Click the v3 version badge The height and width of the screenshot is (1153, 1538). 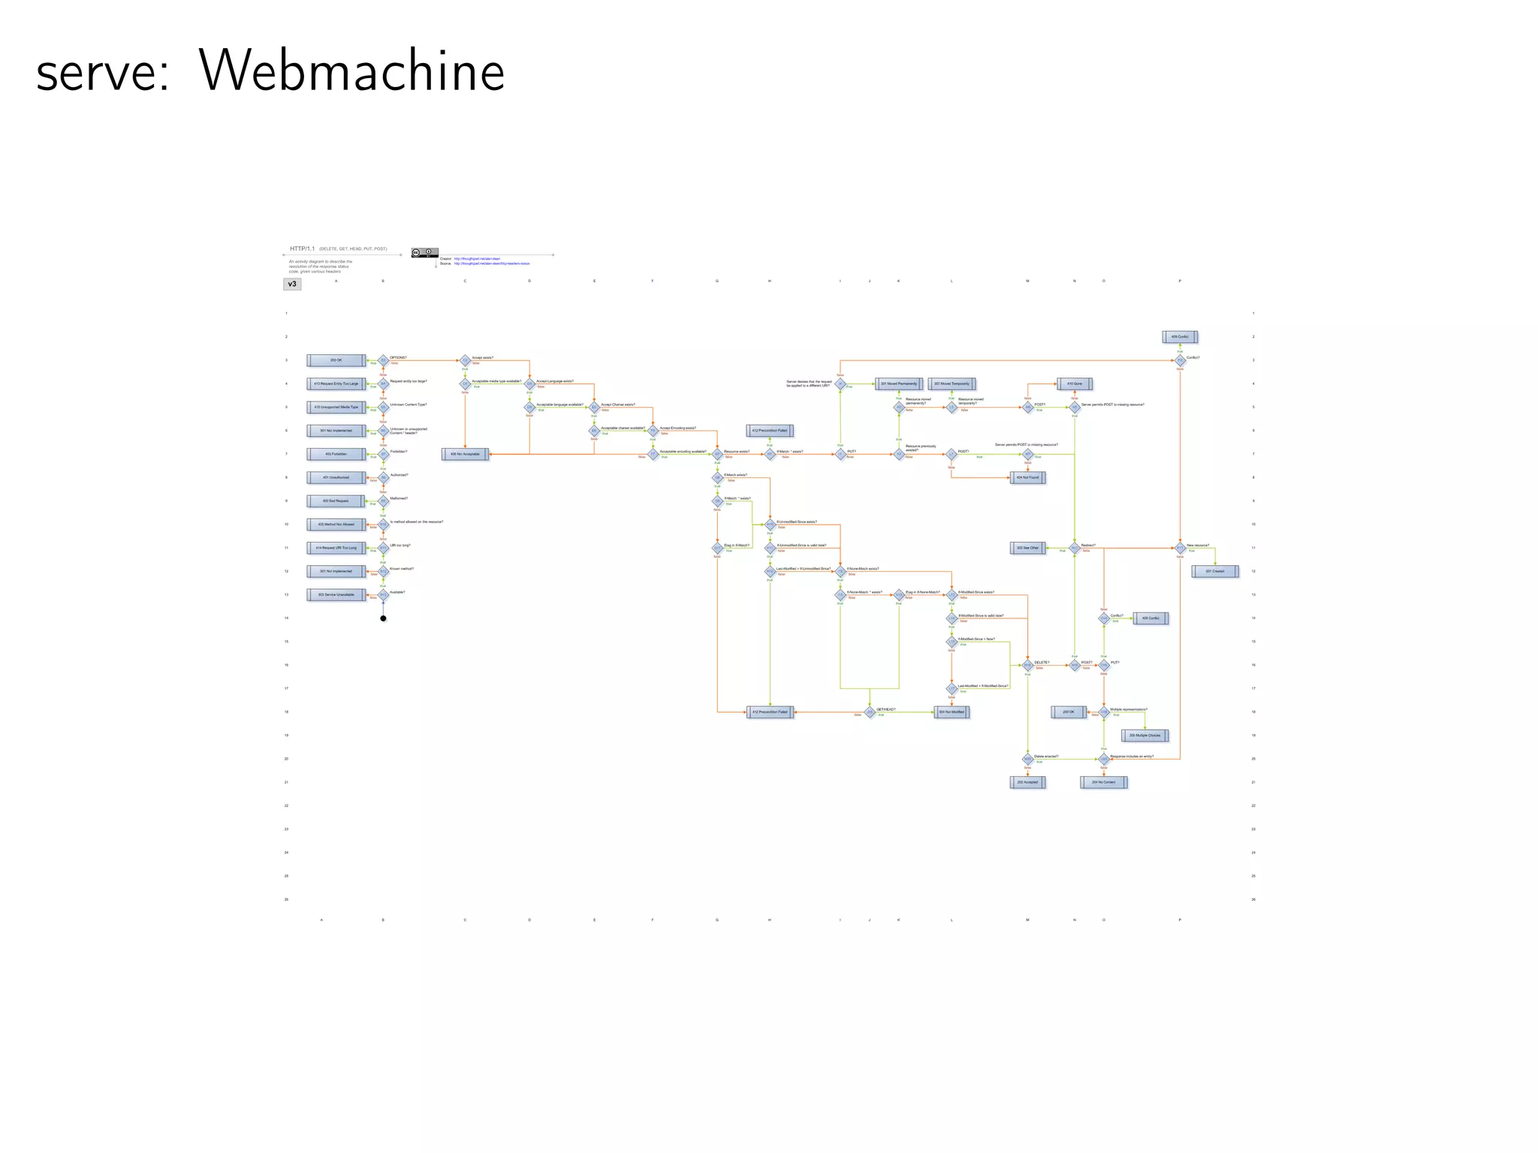pos(292,284)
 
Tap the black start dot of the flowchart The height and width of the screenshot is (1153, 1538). pos(383,619)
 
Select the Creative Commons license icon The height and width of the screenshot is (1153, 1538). pos(424,252)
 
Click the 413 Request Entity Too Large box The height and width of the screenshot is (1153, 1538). pos(336,384)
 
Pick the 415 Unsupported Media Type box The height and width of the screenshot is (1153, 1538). pos(336,407)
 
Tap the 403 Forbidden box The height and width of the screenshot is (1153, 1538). pos(336,454)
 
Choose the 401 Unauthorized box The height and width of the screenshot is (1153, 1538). pos(336,477)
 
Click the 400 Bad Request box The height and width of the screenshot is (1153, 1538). pos(336,501)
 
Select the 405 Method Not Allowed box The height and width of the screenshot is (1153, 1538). pos(336,524)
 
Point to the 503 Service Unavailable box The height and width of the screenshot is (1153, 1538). pos(336,595)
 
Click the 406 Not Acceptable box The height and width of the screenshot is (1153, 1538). pos(465,454)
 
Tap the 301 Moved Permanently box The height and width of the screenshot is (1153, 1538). pos(898,384)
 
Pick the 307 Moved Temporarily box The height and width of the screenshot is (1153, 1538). pos(951,384)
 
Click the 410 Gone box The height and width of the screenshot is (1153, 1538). pos(1075,384)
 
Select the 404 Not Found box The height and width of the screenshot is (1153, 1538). pos(1027,477)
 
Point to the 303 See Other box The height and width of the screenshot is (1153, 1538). pos(1027,548)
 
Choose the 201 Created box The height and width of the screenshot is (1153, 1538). pos(1214,571)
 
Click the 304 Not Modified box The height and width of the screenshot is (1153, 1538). pos(951,712)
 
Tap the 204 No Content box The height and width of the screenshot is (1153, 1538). pos(1103,782)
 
